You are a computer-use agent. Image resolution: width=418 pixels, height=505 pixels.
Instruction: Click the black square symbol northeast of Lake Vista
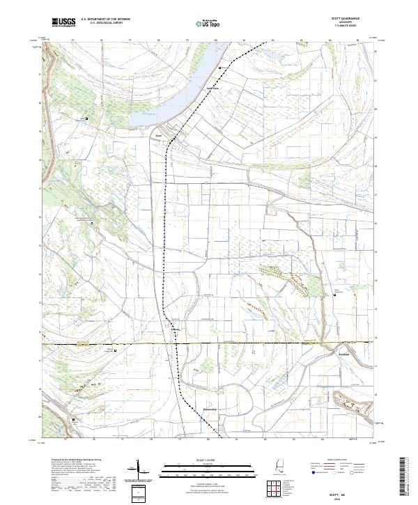221,67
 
